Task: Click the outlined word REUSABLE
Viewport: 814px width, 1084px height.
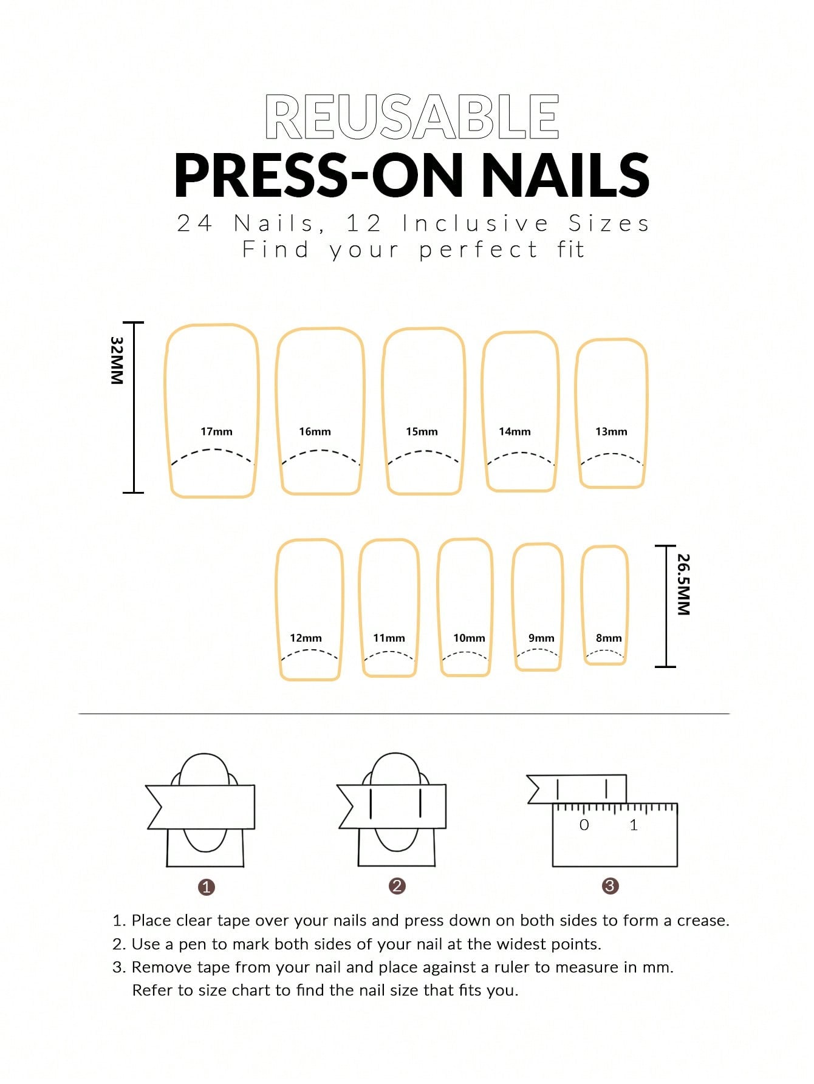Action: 412,117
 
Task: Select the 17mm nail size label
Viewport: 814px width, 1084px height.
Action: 216,432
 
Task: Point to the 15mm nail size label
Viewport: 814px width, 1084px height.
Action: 422,432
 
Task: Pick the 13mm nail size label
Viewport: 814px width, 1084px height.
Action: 611,432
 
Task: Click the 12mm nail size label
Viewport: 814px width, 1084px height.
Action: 306,638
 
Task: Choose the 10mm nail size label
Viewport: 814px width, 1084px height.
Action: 469,638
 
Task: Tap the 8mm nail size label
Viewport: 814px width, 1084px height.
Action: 609,638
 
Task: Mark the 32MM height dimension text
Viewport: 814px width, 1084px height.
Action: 117,360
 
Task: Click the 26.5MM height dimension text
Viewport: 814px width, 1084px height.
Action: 683,584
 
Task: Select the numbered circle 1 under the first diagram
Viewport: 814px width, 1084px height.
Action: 207,887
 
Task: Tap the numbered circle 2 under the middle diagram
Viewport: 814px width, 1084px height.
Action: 397,886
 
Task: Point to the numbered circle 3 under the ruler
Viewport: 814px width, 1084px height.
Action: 610,886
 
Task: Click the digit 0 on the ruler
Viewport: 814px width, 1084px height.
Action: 584,825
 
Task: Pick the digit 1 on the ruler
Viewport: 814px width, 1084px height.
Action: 634,825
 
